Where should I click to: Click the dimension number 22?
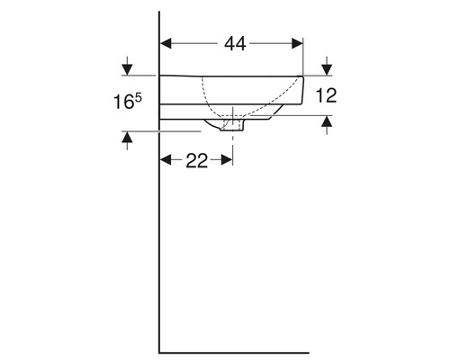[x=196, y=160]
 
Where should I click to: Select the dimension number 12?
[x=326, y=95]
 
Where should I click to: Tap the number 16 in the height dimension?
[x=124, y=103]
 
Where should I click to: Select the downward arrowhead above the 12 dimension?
[x=326, y=69]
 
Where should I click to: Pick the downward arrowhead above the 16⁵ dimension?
[x=128, y=69]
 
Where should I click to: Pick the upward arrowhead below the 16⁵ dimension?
[x=128, y=138]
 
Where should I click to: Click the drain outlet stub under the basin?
[x=232, y=128]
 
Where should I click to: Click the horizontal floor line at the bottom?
[x=234, y=351]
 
